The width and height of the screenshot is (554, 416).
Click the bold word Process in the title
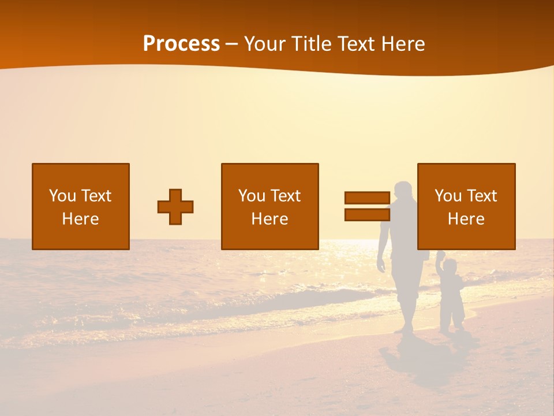click(181, 44)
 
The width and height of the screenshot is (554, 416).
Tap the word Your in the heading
click(265, 44)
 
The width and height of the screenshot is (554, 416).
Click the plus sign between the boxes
click(175, 207)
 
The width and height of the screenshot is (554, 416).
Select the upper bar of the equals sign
click(367, 198)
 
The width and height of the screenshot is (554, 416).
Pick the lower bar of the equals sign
click(367, 214)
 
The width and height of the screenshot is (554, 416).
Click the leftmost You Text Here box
click(81, 206)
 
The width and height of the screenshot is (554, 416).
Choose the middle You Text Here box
click(270, 206)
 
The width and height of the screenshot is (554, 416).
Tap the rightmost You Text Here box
click(466, 206)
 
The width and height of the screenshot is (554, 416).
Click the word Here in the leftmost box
click(81, 219)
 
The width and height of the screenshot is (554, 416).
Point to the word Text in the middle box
click(285, 196)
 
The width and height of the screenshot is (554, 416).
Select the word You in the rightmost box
click(448, 196)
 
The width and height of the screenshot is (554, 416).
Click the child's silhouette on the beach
click(451, 295)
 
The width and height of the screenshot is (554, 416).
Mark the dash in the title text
click(231, 44)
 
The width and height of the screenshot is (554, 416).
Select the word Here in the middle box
click(270, 219)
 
